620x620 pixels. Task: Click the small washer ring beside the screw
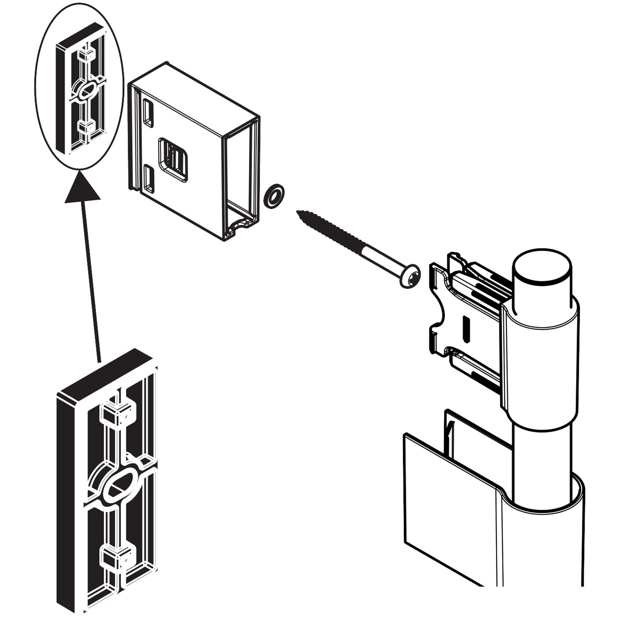274,196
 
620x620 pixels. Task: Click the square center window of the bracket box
173,160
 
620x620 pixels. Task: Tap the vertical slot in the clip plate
467,329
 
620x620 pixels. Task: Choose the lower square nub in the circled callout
86,126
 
